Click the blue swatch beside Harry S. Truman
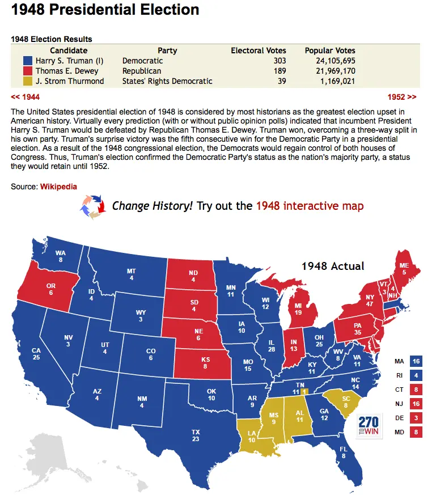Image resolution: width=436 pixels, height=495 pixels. pos(27,61)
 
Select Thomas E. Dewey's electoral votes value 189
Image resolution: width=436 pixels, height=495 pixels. pos(278,71)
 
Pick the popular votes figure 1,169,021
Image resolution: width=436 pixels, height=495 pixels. pos(337,81)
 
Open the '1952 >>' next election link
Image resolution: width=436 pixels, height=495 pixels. pos(402,96)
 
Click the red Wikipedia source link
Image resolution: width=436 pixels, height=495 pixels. pos(58,187)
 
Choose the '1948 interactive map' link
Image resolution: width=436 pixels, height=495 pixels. pos(310,206)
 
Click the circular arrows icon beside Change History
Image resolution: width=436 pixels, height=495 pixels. pos(92,206)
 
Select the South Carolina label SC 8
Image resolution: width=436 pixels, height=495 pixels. pos(345,401)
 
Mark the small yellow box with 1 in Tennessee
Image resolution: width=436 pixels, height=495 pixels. pos(304,391)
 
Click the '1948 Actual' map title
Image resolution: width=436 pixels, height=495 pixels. pos(333,266)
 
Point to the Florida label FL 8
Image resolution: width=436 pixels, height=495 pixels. pos(344,452)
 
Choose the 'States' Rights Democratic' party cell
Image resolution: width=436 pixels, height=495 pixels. pos(167,81)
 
